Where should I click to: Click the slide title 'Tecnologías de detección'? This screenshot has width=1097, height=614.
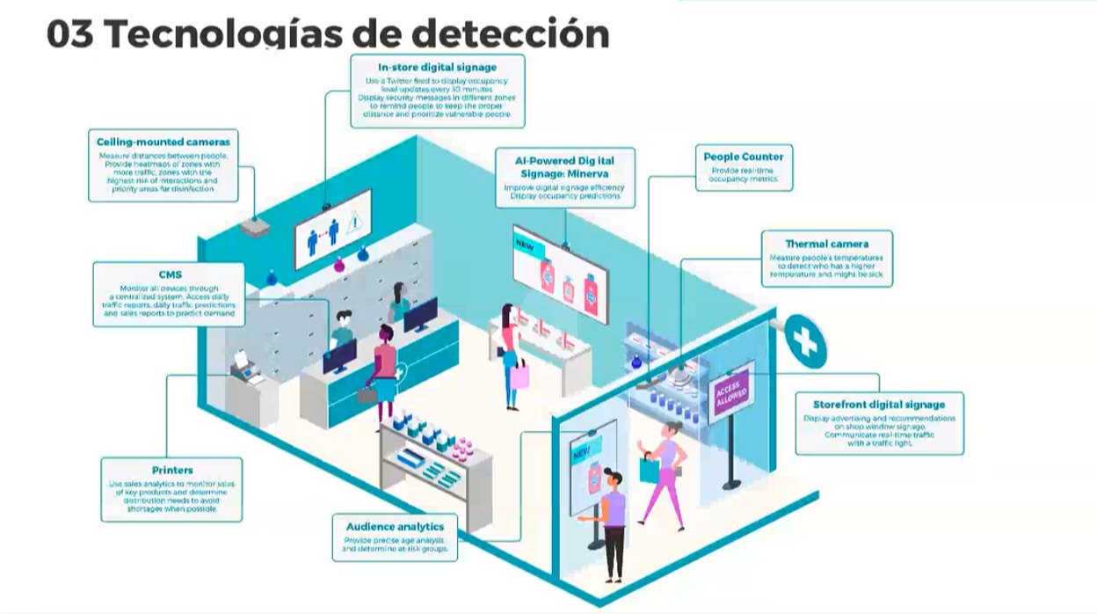click(361, 33)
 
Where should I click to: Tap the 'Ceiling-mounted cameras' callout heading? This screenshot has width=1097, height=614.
click(163, 142)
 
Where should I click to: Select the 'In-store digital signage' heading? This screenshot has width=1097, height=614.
click(437, 67)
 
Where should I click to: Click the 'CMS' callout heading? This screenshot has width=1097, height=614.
click(169, 274)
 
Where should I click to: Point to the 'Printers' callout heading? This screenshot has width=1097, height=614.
click(171, 471)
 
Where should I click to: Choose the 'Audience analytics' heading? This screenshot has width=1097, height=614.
click(395, 526)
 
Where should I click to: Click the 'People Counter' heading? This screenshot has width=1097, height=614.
click(743, 157)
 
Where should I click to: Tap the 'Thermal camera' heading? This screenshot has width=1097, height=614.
click(826, 244)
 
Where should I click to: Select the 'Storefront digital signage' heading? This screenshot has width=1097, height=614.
click(879, 405)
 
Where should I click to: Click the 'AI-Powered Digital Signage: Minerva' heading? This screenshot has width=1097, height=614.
click(565, 166)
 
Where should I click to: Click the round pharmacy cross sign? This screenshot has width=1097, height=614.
click(803, 340)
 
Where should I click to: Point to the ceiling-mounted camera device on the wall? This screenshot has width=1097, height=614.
click(256, 227)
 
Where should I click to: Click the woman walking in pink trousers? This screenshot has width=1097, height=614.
click(664, 473)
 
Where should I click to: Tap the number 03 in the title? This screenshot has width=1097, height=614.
click(70, 33)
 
